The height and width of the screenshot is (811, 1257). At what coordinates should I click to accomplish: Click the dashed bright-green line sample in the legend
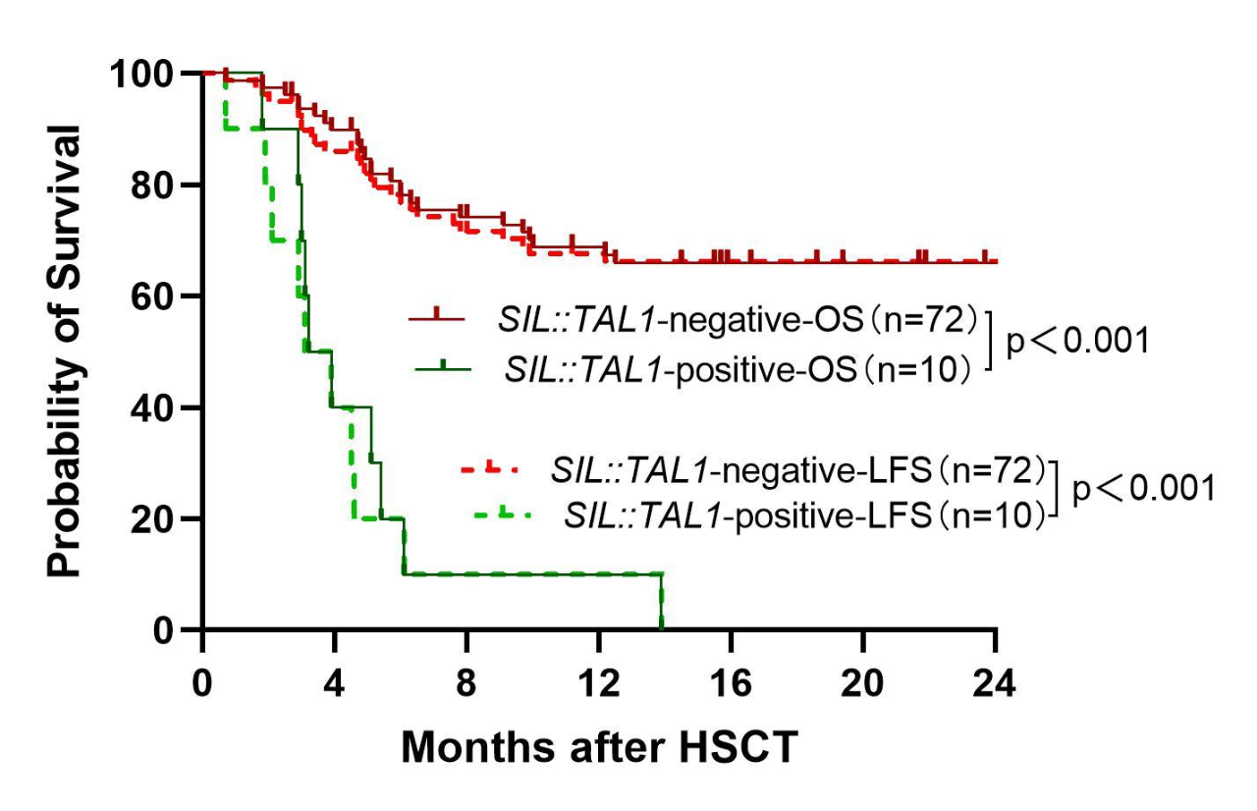click(505, 513)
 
